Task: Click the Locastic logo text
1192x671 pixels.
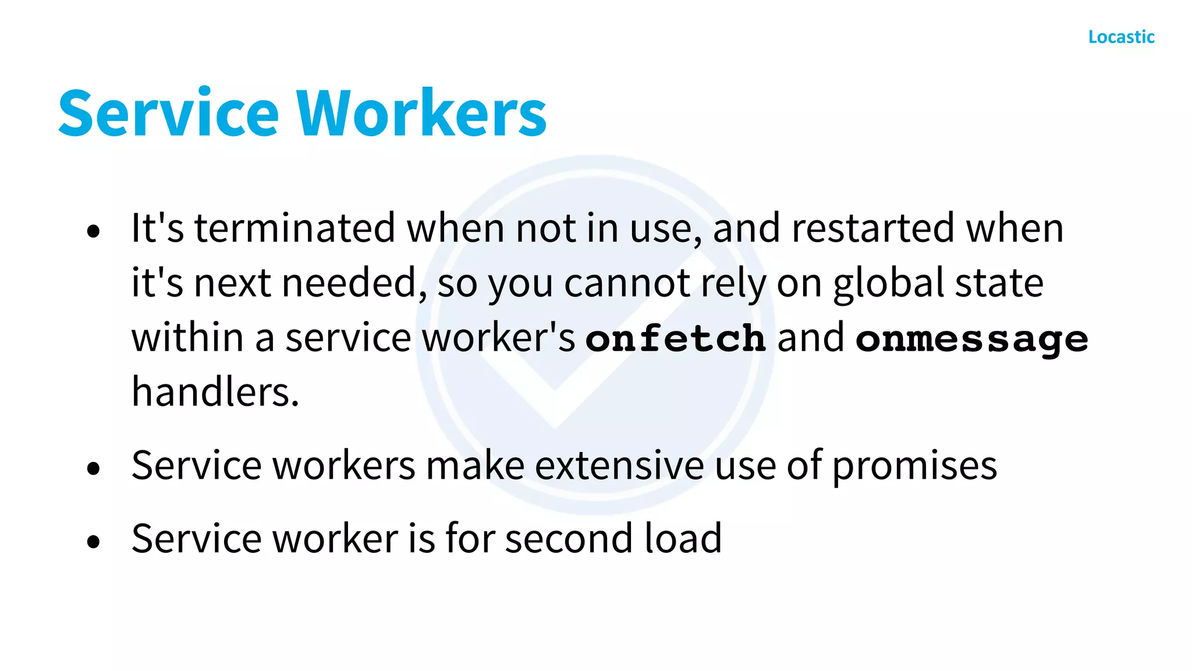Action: pos(1121,37)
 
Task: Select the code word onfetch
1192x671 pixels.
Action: pos(675,339)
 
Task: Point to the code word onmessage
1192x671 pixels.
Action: pos(971,339)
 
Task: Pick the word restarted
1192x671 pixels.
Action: pos(872,228)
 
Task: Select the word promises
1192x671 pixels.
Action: pos(914,466)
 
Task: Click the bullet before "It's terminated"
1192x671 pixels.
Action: pos(93,232)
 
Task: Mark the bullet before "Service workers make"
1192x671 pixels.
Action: pos(93,469)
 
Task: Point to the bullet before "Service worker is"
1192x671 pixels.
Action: pos(93,542)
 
